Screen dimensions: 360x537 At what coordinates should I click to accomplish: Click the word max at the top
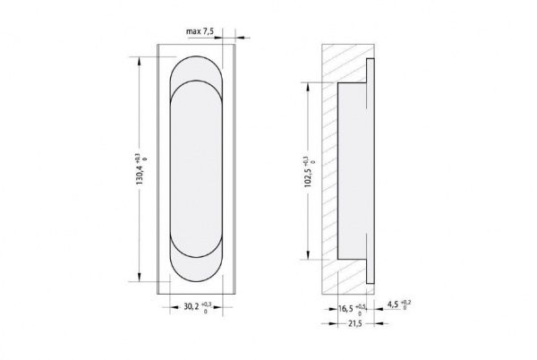tap(193, 31)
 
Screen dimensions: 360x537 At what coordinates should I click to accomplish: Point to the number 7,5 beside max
tap(211, 31)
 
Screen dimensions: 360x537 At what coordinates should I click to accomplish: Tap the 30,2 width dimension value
tap(191, 306)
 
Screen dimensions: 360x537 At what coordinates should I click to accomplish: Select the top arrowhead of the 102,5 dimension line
tap(311, 85)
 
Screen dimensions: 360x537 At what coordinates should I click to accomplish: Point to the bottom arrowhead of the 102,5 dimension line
tap(311, 252)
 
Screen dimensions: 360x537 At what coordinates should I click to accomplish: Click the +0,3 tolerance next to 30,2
tap(207, 303)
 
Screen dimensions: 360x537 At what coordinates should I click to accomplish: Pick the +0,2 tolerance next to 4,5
tap(408, 303)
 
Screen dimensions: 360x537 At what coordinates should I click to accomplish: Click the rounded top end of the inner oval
tap(196, 85)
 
